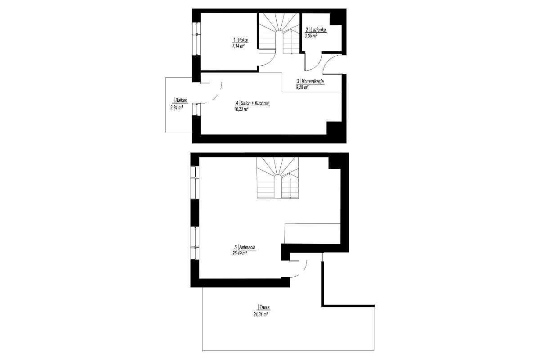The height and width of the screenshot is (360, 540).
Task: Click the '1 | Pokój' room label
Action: click(241, 40)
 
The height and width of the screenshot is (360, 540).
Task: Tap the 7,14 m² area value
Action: click(238, 46)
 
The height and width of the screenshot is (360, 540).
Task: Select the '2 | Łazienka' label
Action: click(316, 30)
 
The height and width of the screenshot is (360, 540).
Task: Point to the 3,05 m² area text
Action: click(311, 36)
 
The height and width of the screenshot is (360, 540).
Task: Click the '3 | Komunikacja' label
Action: click(310, 81)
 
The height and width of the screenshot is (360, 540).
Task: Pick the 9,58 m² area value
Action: click(302, 87)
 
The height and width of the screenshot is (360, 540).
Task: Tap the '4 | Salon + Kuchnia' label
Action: click(252, 103)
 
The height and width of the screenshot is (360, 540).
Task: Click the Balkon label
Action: click(181, 100)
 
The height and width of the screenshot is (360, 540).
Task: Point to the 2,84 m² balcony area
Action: click(176, 108)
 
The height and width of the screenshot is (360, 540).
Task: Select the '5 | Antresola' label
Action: click(245, 247)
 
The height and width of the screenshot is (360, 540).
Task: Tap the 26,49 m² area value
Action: click(239, 253)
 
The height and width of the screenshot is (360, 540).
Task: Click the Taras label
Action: click(264, 307)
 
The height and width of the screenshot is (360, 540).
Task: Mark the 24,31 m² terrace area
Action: click(261, 315)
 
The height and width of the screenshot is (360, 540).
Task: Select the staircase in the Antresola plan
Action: click(278, 178)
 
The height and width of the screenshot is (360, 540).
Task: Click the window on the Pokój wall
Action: click(196, 39)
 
